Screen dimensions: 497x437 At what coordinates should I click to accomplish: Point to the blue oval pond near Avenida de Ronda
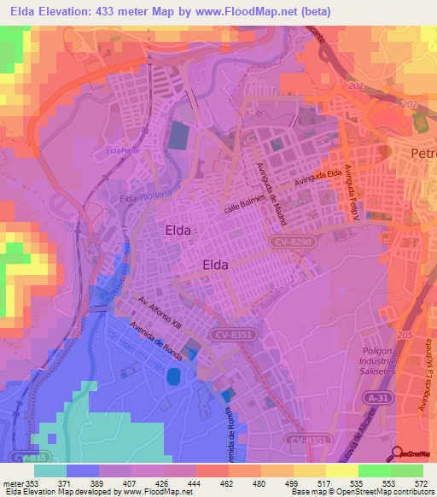tap(174, 376)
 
